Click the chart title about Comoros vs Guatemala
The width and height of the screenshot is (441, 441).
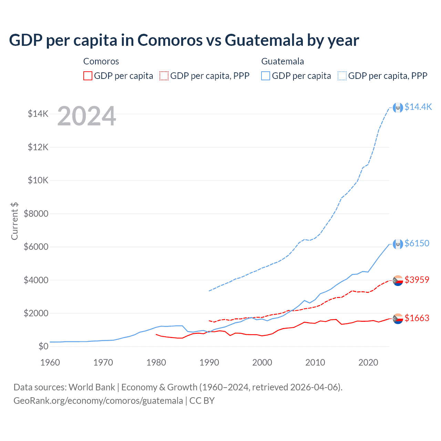pyautogui.click(x=184, y=40)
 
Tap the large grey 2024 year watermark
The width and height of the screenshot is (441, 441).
pyautogui.click(x=86, y=116)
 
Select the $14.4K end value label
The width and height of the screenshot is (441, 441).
pyautogui.click(x=418, y=107)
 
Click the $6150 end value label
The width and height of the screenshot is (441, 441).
pyautogui.click(x=417, y=243)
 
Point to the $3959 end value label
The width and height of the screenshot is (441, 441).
pyautogui.click(x=417, y=280)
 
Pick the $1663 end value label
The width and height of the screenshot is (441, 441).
pyautogui.click(x=417, y=318)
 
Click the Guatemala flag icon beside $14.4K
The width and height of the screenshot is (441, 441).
pyautogui.click(x=398, y=108)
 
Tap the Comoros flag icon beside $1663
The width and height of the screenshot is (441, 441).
pyautogui.click(x=398, y=319)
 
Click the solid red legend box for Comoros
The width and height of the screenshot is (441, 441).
pyautogui.click(x=88, y=76)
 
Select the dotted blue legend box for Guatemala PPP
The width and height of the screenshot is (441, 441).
pyautogui.click(x=342, y=76)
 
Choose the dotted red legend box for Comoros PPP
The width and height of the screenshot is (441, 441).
pyautogui.click(x=164, y=76)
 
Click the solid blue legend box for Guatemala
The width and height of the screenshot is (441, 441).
pyautogui.click(x=266, y=76)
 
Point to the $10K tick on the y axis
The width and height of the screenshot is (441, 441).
pyautogui.click(x=38, y=180)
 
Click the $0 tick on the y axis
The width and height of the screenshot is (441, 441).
pyautogui.click(x=43, y=346)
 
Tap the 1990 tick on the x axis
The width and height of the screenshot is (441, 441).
pyautogui.click(x=209, y=362)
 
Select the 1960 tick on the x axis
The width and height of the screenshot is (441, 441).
pyautogui.click(x=50, y=362)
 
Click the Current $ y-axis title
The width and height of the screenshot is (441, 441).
pyautogui.click(x=14, y=221)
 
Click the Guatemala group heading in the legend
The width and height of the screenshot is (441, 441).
pyautogui.click(x=283, y=61)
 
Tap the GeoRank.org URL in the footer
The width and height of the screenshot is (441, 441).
pyautogui.click(x=98, y=401)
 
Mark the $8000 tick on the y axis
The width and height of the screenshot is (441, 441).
pyautogui.click(x=36, y=214)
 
